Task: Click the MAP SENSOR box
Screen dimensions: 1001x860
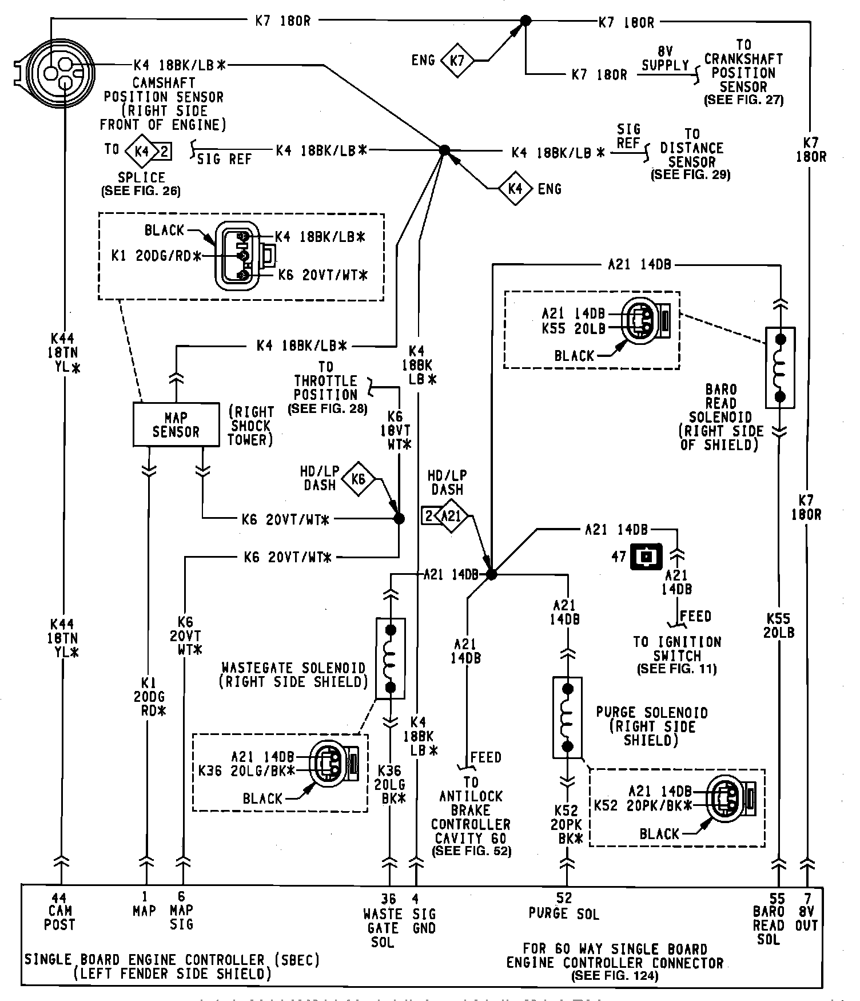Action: tap(176, 424)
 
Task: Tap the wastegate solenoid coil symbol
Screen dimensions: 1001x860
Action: tap(391, 658)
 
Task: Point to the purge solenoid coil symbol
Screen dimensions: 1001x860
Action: tap(567, 717)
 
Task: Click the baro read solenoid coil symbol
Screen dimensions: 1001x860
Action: tap(780, 368)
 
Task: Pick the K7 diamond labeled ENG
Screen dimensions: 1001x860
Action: tap(457, 60)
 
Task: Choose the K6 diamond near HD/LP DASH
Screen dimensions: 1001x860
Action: tap(358, 478)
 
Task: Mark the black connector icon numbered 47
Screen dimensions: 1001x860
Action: tap(646, 556)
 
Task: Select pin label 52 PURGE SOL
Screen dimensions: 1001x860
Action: tap(564, 907)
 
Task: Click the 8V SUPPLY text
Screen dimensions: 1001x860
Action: tap(665, 58)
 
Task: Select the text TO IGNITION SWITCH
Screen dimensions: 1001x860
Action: tap(677, 649)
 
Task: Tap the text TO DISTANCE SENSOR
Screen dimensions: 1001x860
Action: tap(691, 148)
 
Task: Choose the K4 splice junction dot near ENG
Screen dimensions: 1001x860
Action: tap(444, 150)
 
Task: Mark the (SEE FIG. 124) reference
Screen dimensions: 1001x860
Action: tap(614, 976)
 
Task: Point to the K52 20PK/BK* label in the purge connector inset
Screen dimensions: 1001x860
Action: tap(643, 805)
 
